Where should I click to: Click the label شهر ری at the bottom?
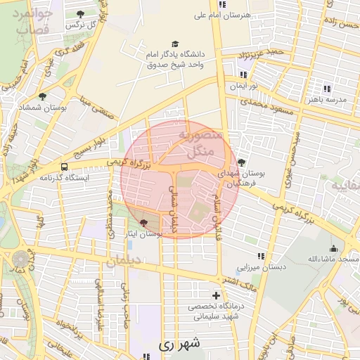pos(180,344)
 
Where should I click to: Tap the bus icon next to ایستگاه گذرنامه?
pos(65,167)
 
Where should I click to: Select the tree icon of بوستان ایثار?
pos(144,222)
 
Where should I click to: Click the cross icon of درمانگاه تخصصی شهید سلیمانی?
pos(216,296)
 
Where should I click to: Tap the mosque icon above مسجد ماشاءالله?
pos(333,249)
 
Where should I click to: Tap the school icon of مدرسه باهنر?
pos(326,89)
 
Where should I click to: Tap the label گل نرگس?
pos(82,25)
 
